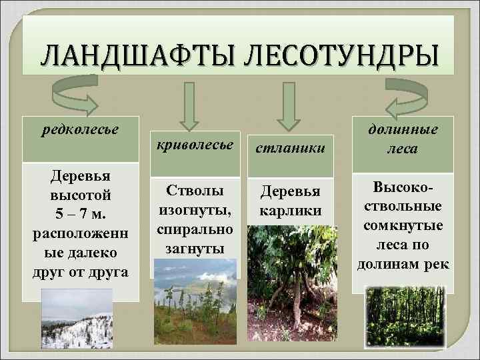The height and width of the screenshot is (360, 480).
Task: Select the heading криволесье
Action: (x=194, y=145)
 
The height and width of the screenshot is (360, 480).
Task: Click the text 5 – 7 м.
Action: (x=80, y=215)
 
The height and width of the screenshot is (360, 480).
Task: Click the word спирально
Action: (x=194, y=230)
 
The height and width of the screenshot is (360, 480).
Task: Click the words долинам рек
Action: (x=403, y=263)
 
